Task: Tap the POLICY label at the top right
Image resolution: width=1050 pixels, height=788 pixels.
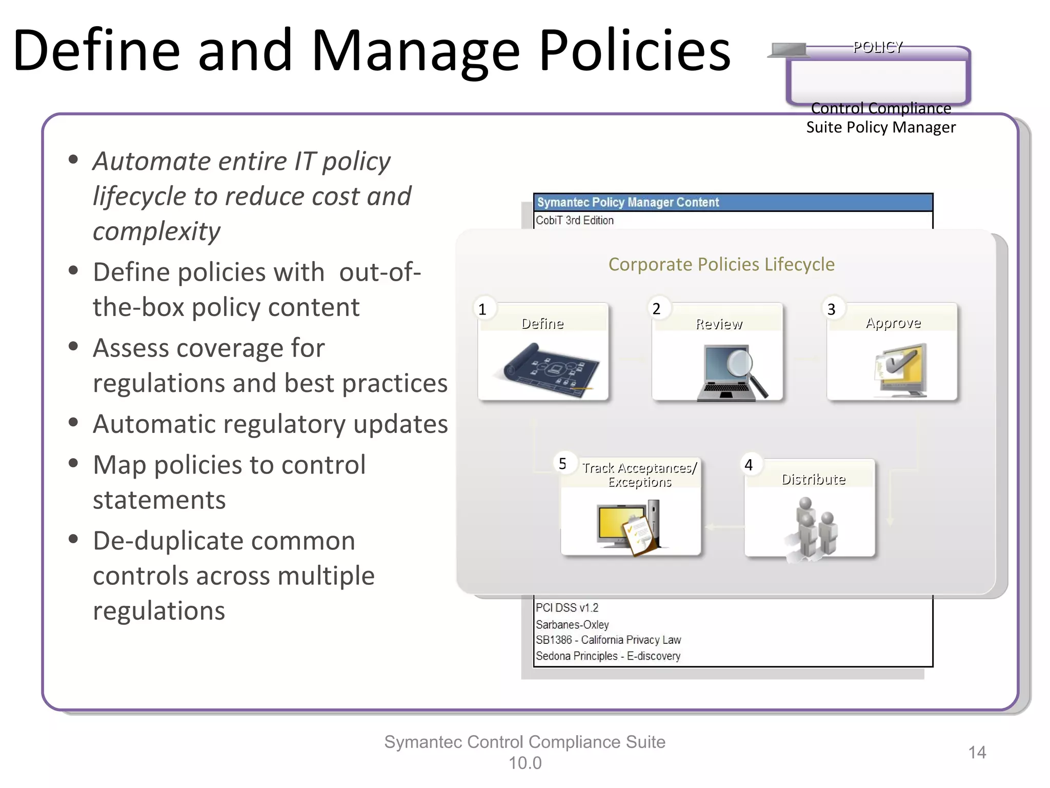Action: tap(878, 47)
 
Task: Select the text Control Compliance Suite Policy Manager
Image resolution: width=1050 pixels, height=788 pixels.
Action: tap(880, 118)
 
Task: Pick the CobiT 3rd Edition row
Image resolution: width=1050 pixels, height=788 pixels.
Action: tap(575, 221)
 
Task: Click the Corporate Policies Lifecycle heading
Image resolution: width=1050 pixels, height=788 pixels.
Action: tap(721, 264)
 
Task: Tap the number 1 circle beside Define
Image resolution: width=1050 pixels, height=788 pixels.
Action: tap(482, 309)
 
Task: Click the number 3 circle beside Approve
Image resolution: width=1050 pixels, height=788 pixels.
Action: tap(832, 309)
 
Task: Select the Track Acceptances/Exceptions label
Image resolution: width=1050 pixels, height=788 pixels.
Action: tap(639, 475)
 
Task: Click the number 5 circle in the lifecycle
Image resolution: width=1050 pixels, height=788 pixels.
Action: tap(562, 464)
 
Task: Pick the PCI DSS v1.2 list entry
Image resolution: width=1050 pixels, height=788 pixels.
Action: tap(567, 608)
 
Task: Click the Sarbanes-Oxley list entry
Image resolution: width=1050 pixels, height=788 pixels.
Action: tap(572, 624)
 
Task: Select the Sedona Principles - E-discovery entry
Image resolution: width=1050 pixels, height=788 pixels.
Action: tap(608, 656)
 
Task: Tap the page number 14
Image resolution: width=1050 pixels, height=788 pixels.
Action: tap(977, 753)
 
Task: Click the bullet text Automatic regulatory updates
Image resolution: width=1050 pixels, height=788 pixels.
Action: tap(270, 424)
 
